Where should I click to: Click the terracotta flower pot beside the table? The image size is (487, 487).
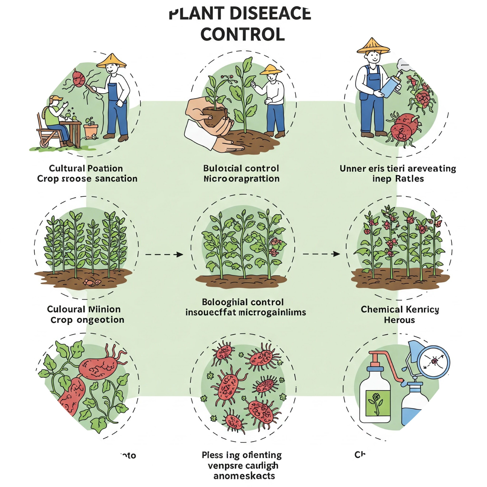pyautogui.click(x=91, y=130)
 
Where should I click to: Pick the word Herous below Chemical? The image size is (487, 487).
pyautogui.click(x=399, y=320)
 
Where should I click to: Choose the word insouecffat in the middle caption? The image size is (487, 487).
pyautogui.click(x=211, y=313)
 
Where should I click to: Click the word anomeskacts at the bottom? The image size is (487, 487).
pyautogui.click(x=244, y=476)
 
